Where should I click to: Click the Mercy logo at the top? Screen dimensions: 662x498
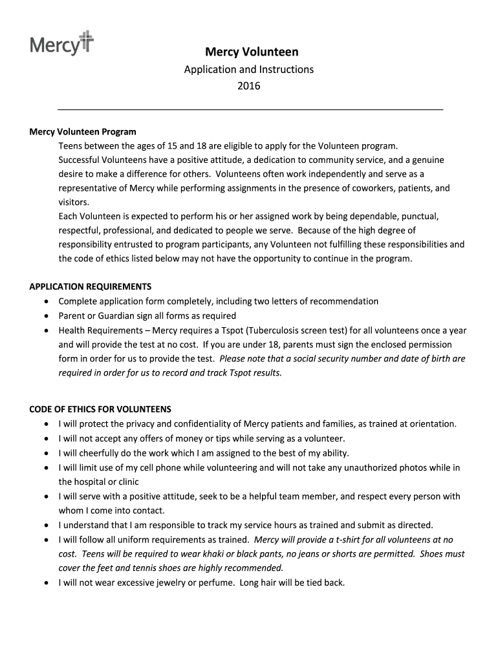[x=61, y=43]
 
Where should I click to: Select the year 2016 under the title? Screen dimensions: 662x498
[x=249, y=85]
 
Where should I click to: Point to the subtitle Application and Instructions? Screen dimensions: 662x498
[x=249, y=69]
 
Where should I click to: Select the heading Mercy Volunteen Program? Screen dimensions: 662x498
[x=83, y=132]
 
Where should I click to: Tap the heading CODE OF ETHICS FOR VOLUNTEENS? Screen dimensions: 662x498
[x=100, y=409]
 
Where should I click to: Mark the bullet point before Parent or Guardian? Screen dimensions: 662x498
[x=45, y=316]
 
